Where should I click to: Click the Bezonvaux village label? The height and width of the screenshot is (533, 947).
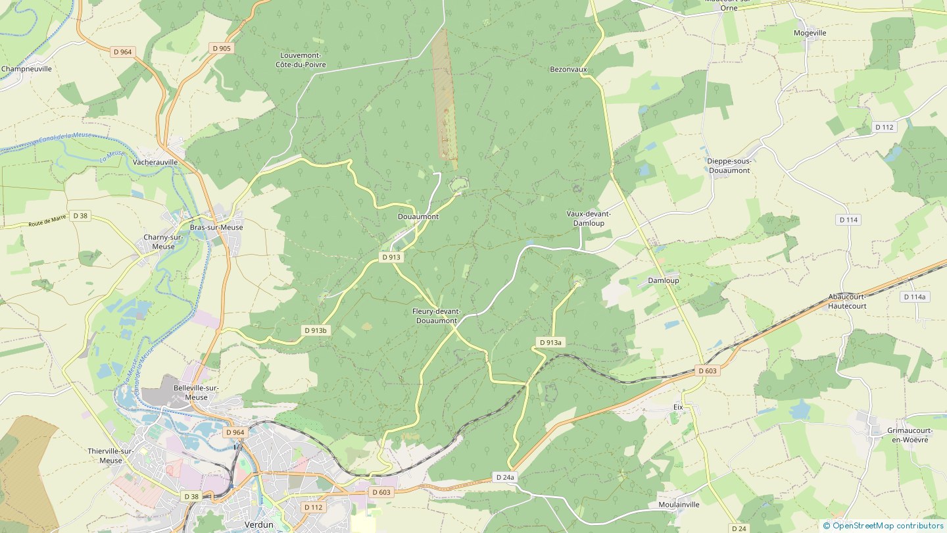pyautogui.click(x=568, y=69)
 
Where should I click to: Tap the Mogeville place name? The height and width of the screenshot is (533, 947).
pyautogui.click(x=810, y=33)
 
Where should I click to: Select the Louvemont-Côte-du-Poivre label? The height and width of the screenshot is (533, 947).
pyautogui.click(x=303, y=60)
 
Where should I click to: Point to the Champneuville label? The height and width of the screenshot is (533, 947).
pyautogui.click(x=26, y=68)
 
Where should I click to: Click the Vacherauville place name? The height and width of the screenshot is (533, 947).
pyautogui.click(x=155, y=162)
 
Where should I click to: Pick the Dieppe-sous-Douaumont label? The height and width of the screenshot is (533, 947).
pyautogui.click(x=729, y=166)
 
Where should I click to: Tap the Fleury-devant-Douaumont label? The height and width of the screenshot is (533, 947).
pyautogui.click(x=436, y=316)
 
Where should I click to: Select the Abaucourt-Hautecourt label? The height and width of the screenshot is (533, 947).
pyautogui.click(x=847, y=301)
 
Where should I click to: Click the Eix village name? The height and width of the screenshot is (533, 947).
pyautogui.click(x=678, y=407)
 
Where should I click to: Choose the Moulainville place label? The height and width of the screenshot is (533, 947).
pyautogui.click(x=679, y=505)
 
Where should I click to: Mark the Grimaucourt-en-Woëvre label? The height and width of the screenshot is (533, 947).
pyautogui.click(x=908, y=435)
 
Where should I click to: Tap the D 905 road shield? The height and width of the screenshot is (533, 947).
pyautogui.click(x=222, y=48)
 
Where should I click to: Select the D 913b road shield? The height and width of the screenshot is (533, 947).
pyautogui.click(x=316, y=330)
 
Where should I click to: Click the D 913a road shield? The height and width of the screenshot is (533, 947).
pyautogui.click(x=550, y=342)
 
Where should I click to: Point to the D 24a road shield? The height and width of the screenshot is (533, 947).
pyautogui.click(x=506, y=477)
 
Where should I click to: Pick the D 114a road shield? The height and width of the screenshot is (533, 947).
pyautogui.click(x=914, y=297)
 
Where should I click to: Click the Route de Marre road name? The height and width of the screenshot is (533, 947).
pyautogui.click(x=47, y=221)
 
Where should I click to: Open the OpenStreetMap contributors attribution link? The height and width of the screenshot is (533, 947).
pyautogui.click(x=887, y=525)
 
